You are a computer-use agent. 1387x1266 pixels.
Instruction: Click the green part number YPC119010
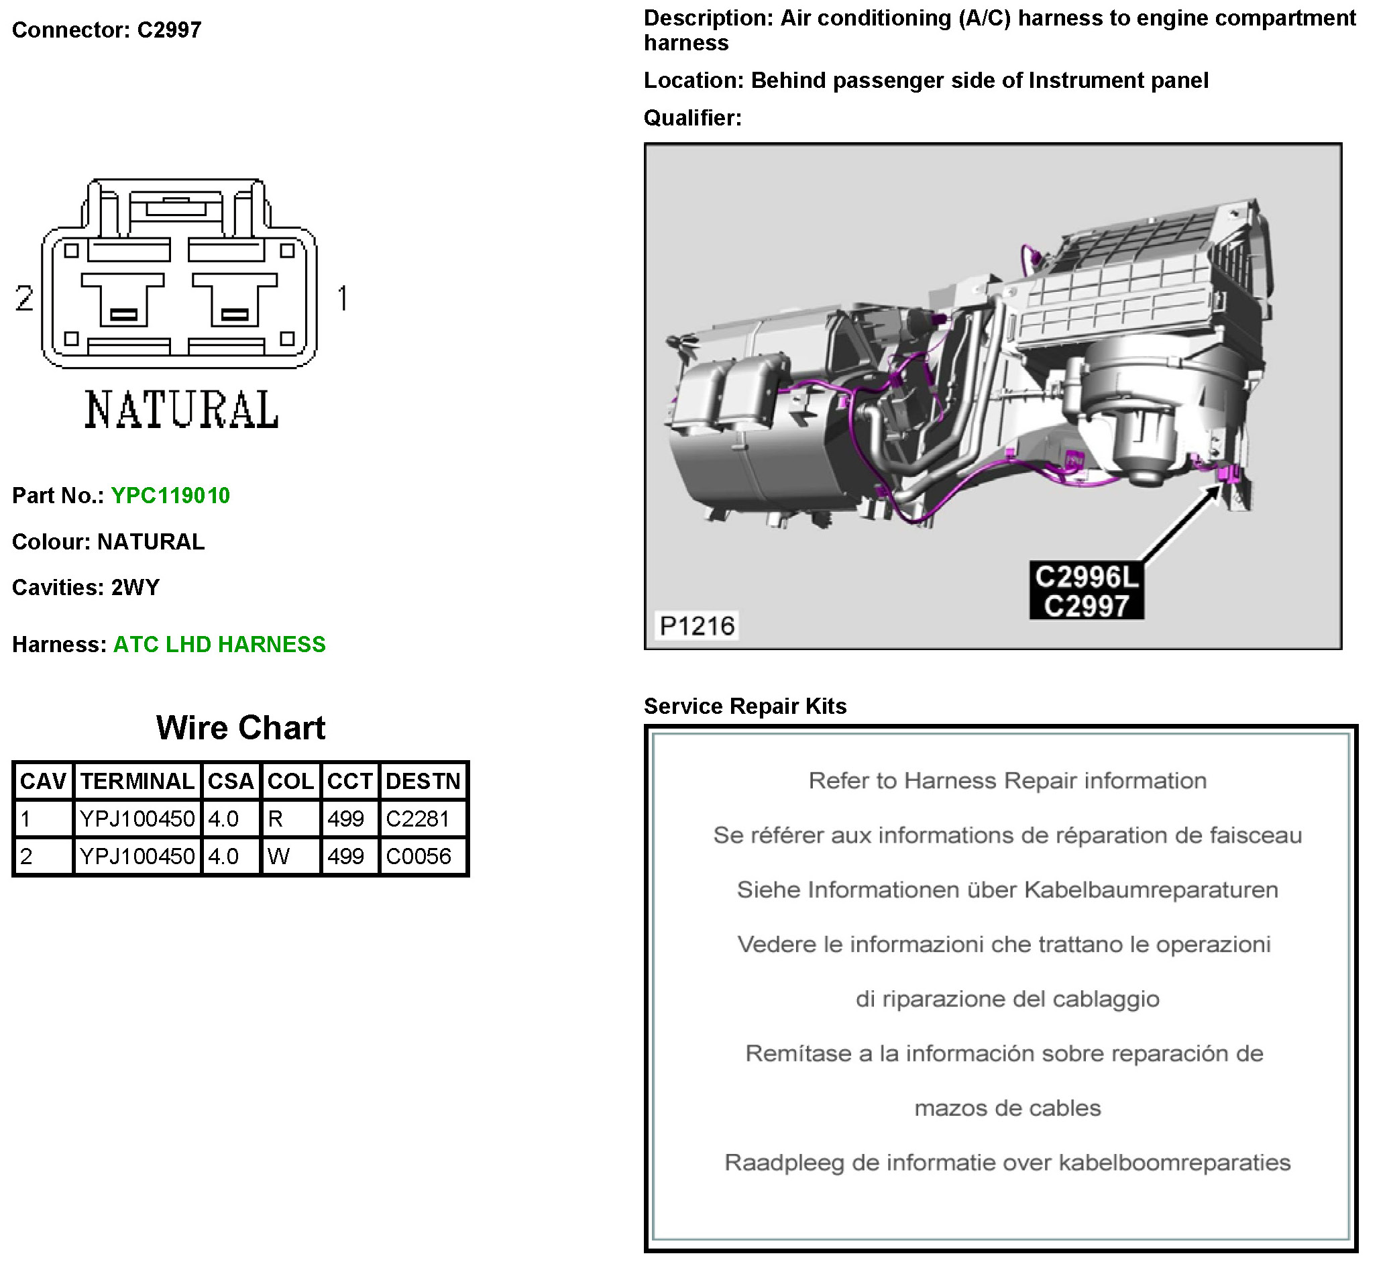tap(170, 495)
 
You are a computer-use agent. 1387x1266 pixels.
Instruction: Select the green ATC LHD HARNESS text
tap(219, 644)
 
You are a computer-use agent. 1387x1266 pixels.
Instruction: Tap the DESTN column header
tap(423, 781)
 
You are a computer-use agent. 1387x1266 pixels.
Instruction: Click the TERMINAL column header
tap(137, 781)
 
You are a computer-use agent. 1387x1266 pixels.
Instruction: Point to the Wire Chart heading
tap(241, 727)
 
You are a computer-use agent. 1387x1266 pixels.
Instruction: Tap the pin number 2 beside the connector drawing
tap(24, 298)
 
